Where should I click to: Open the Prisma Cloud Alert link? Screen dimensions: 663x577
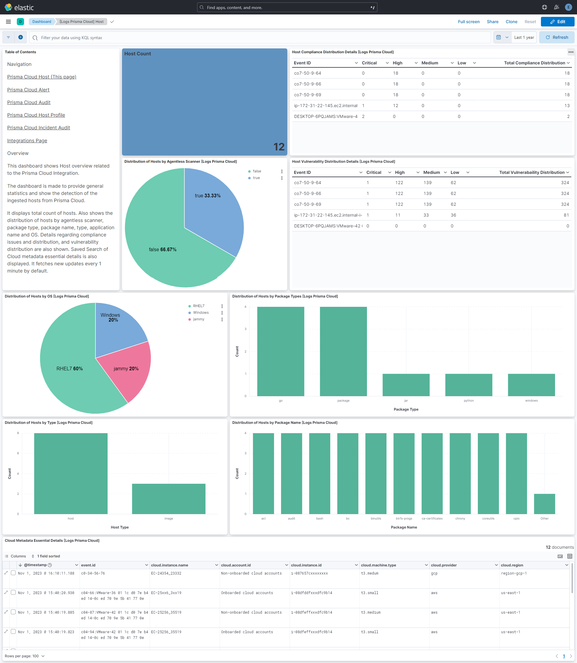28,90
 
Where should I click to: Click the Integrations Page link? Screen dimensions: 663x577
27,140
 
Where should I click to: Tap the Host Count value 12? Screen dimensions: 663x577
279,147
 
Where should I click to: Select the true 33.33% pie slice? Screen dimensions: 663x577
212,206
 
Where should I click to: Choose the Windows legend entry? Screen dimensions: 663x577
201,313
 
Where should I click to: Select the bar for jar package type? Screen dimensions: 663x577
406,385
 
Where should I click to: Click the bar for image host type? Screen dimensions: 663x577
168,499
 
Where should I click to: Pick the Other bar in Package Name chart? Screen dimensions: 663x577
544,504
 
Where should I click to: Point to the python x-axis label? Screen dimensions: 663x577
469,401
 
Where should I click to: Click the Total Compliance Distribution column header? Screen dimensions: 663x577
534,63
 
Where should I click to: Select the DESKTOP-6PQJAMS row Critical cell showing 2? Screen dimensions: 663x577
363,116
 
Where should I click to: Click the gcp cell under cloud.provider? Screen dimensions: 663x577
434,573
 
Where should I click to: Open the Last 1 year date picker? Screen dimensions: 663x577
524,37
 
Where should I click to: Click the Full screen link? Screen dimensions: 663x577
469,22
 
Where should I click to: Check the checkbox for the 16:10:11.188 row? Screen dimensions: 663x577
13,573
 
